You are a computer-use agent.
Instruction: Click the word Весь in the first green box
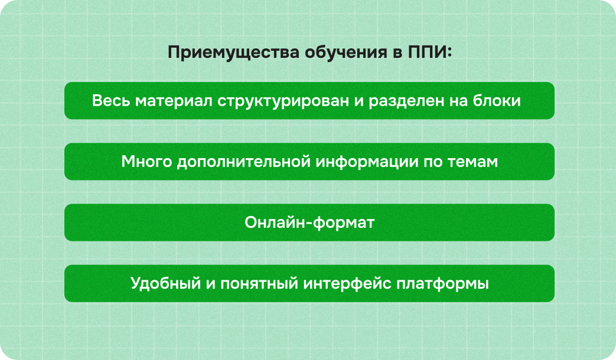(x=111, y=101)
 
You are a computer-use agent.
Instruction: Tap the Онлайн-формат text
(x=309, y=223)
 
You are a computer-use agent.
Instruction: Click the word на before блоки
(x=458, y=101)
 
